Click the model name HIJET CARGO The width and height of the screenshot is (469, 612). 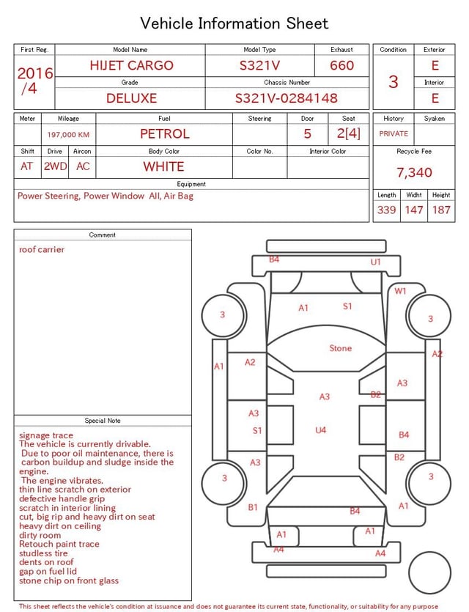(x=131, y=65)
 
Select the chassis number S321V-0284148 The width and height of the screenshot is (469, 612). (x=287, y=98)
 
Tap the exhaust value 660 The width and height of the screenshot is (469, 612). (x=341, y=65)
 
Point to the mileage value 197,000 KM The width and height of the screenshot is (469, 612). (x=68, y=135)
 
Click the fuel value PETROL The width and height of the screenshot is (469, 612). (x=165, y=134)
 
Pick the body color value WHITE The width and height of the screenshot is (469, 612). (x=163, y=166)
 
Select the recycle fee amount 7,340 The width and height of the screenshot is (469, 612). (x=414, y=172)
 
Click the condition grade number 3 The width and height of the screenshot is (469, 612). (x=394, y=81)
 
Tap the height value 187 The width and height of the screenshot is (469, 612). (x=441, y=210)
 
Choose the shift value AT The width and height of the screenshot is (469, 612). (x=26, y=166)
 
